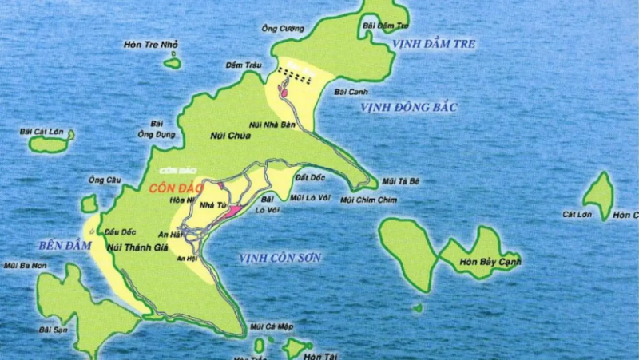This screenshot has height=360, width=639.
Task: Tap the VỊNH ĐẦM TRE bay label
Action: click(x=434, y=45)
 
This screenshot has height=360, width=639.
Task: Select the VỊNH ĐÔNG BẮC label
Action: click(x=407, y=107)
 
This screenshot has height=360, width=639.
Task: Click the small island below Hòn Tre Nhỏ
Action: click(x=172, y=63)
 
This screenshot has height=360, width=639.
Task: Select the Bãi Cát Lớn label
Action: click(x=47, y=131)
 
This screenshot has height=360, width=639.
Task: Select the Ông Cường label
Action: click(x=283, y=29)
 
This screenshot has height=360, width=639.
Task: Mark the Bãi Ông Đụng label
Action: click(x=157, y=129)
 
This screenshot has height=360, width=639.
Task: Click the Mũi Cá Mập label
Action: click(x=268, y=326)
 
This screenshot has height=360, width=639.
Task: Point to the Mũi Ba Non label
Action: click(x=22, y=265)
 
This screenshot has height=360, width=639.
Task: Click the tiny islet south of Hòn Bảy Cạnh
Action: click(x=418, y=307)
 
